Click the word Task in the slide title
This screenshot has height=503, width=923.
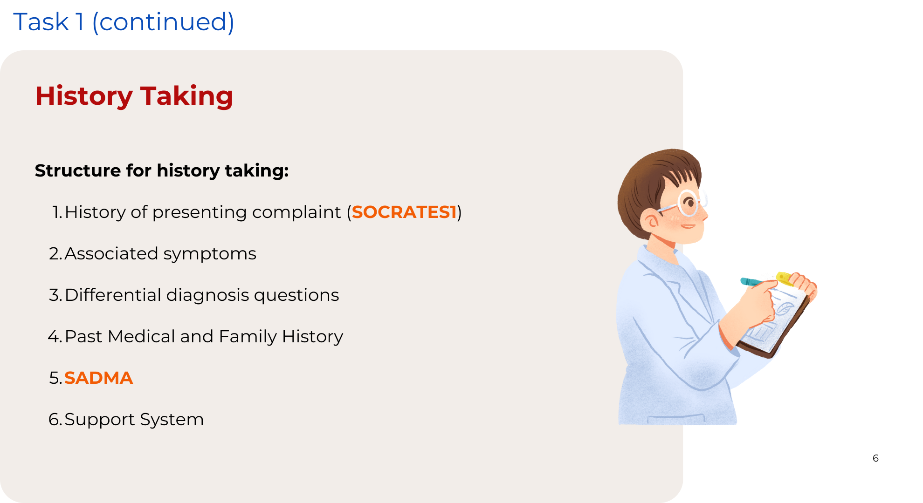click(41, 22)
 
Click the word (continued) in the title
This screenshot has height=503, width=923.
click(163, 22)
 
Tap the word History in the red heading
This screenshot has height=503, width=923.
click(84, 96)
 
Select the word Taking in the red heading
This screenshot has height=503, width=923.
click(186, 96)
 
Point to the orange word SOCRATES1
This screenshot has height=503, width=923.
click(404, 212)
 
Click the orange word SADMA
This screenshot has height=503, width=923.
click(98, 378)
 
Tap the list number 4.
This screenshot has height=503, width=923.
click(54, 336)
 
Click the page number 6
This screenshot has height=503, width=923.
click(875, 458)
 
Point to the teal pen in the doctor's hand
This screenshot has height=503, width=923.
click(751, 282)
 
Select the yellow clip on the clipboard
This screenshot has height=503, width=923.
click(785, 278)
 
